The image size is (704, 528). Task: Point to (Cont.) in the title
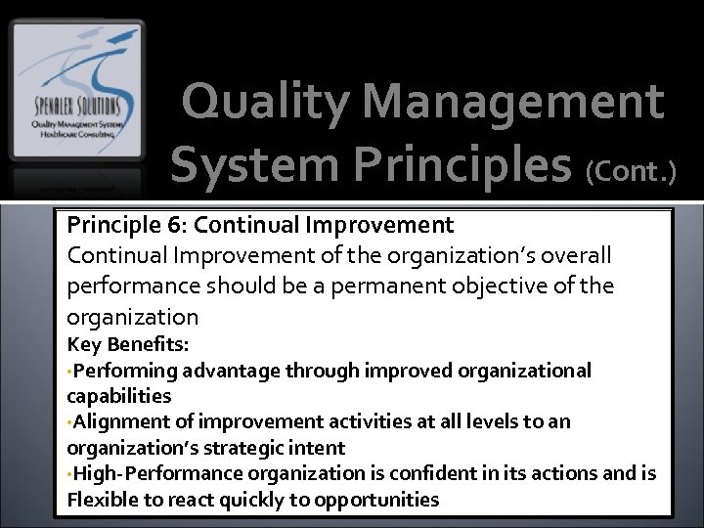[x=631, y=171]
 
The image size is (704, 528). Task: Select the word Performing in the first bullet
[x=124, y=371]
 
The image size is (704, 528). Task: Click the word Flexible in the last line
[x=102, y=501]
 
